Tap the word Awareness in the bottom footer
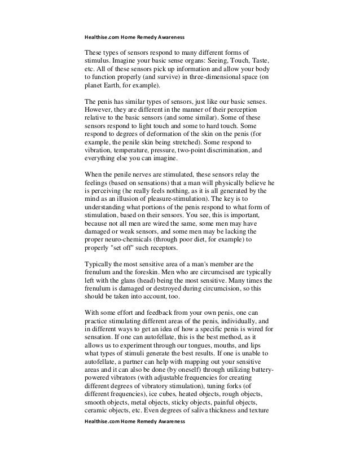click(x=171, y=421)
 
